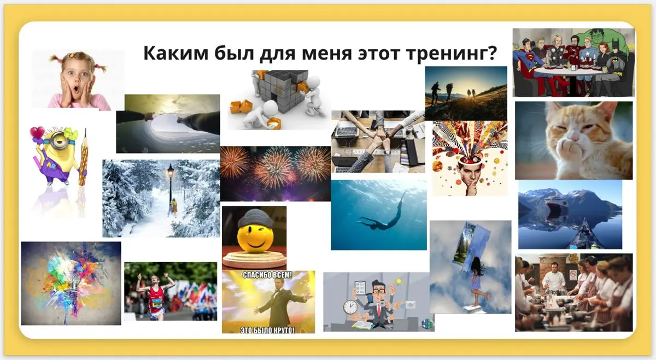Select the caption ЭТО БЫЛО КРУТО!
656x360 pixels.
267,329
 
